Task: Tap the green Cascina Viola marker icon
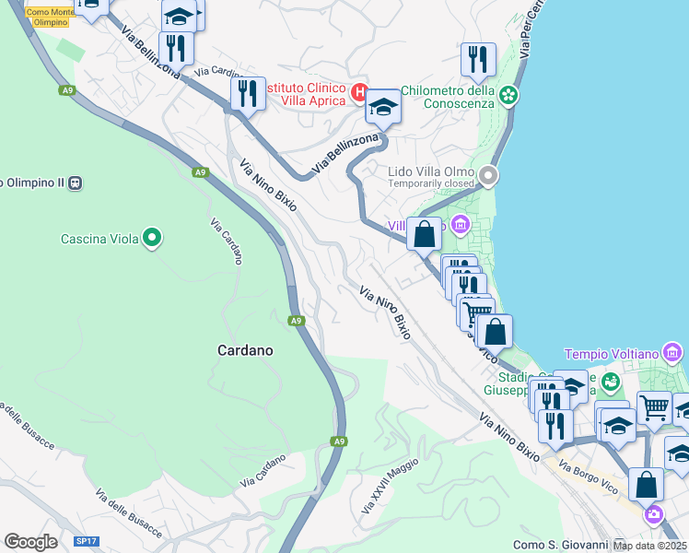152,239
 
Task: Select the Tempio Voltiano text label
611,354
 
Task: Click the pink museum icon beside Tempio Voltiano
672,353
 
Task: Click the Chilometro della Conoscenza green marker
508,95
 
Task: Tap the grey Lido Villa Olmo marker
488,173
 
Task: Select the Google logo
30,542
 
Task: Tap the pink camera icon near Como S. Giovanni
653,513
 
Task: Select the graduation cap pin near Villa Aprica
383,106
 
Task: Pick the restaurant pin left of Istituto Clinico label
248,93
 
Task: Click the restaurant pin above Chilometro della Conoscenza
478,59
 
